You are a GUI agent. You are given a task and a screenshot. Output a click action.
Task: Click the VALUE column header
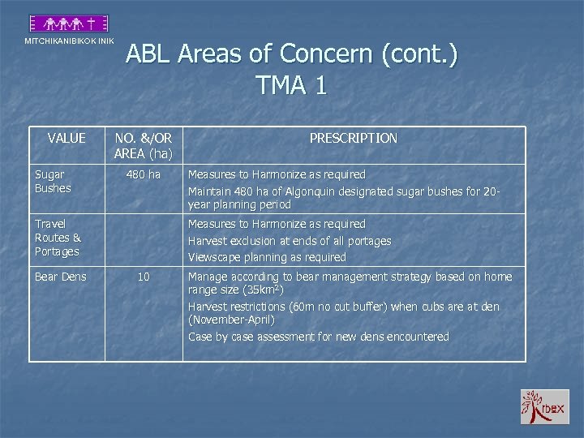[x=66, y=138]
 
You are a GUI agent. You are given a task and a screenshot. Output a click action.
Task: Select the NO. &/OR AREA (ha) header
[x=144, y=145]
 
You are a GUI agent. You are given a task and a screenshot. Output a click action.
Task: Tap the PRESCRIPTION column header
[x=353, y=138]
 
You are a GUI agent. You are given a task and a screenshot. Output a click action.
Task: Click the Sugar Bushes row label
[x=53, y=181]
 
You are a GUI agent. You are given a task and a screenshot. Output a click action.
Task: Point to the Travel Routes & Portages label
[x=58, y=237]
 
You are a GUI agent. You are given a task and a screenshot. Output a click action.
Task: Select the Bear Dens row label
[x=60, y=277]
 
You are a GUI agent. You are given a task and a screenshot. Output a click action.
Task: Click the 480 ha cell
[x=144, y=174]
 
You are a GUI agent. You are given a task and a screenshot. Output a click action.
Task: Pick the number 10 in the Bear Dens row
[x=144, y=277]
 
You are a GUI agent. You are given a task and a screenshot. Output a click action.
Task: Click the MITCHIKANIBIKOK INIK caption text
[x=69, y=41]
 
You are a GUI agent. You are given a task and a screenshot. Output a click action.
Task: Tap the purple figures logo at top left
[x=69, y=24]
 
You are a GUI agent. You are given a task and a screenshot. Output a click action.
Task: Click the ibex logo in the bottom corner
[x=544, y=406]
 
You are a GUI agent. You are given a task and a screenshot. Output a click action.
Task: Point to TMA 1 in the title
[x=291, y=85]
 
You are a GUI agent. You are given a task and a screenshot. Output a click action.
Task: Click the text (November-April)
[x=231, y=320]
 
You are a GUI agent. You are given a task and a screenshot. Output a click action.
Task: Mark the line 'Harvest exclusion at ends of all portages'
[x=290, y=241]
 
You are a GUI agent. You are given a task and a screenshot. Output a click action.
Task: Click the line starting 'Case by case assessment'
[x=318, y=336]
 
